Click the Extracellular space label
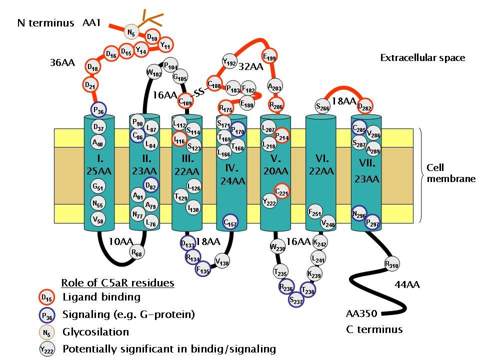pos(422,58)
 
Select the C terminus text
pos(374,329)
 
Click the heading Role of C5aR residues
pos(117,283)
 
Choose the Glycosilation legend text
pos(95,331)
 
